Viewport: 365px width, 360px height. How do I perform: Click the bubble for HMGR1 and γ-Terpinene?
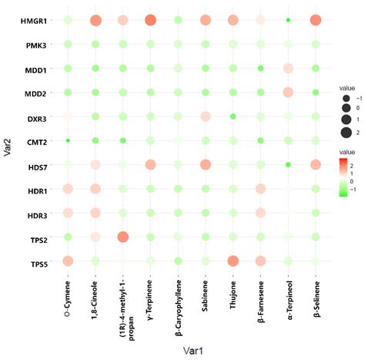point(150,20)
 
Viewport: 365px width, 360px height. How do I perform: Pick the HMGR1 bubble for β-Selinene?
point(316,20)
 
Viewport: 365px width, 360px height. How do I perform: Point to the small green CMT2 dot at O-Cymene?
point(68,118)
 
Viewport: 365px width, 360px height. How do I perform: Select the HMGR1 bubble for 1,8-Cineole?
point(95,20)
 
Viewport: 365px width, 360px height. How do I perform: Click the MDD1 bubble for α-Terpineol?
point(288,69)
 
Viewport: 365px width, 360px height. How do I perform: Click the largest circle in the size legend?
point(347,133)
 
